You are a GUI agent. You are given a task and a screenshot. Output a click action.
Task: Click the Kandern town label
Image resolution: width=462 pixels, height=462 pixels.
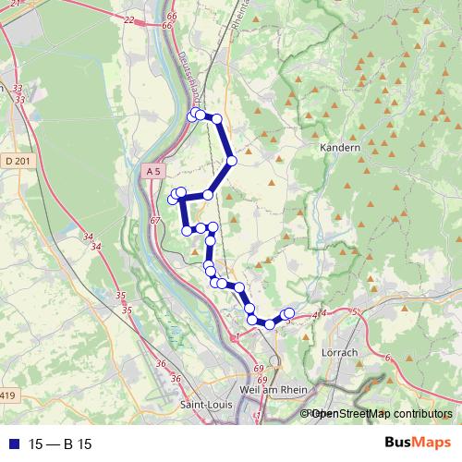click(339, 147)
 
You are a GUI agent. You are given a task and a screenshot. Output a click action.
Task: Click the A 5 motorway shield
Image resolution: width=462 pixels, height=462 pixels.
click(153, 171)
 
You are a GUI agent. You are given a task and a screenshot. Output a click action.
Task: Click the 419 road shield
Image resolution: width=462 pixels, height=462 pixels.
click(8, 395)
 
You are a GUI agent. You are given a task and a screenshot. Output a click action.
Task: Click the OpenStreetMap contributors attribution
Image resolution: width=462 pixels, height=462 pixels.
click(381, 414)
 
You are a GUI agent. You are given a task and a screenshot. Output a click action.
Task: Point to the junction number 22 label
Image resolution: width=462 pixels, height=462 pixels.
click(128, 19)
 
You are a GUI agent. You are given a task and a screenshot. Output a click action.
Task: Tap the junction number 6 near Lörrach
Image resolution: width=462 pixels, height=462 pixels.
click(387, 358)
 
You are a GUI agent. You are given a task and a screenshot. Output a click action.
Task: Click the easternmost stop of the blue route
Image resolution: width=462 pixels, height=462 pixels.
click(289, 313)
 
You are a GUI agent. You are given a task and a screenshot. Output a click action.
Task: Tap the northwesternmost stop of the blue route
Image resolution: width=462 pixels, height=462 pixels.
click(193, 115)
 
